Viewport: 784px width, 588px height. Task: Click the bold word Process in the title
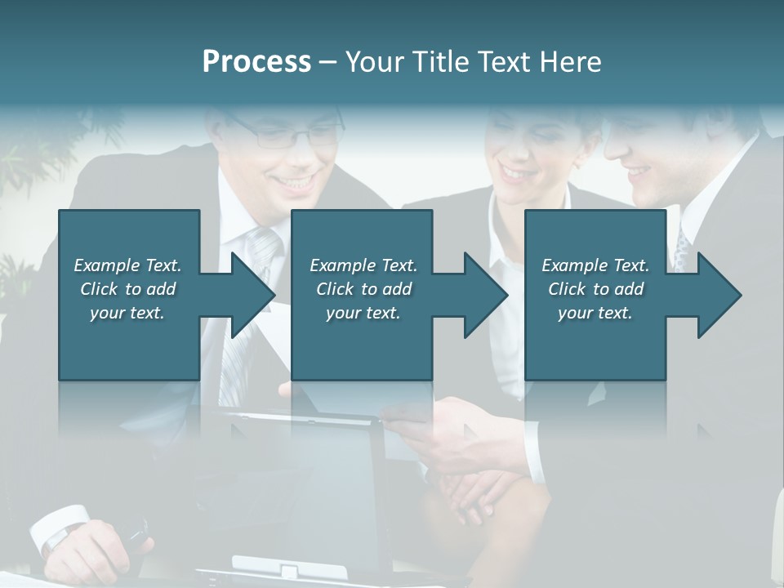[256, 62]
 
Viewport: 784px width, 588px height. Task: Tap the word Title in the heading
[435, 62]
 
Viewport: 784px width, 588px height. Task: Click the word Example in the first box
[108, 265]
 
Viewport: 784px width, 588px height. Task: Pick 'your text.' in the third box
[595, 313]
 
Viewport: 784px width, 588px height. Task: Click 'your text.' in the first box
[127, 313]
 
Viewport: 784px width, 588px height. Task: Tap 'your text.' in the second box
[363, 313]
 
